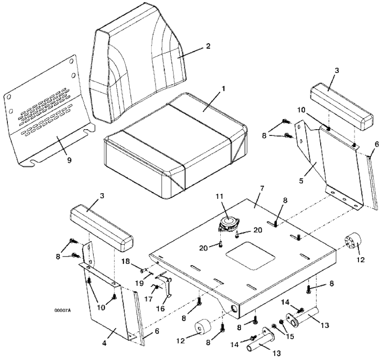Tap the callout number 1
click(222, 89)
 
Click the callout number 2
click(208, 46)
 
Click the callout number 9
click(69, 160)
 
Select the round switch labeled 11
click(229, 224)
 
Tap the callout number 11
click(219, 197)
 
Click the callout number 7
click(262, 189)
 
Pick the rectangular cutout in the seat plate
click(251, 256)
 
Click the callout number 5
click(301, 181)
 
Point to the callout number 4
click(104, 343)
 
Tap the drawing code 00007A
click(62, 310)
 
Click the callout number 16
click(160, 308)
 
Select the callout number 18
click(126, 262)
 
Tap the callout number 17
click(149, 298)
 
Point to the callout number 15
click(290, 336)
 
